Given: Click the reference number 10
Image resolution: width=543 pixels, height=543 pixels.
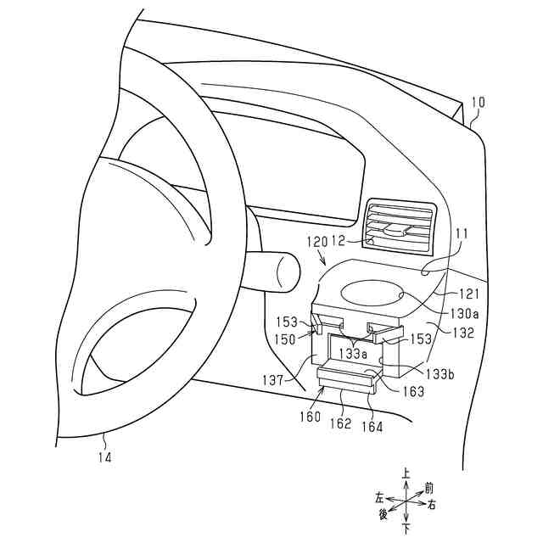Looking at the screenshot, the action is [x=478, y=103].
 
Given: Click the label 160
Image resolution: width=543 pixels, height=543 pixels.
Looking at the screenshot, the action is [x=310, y=417].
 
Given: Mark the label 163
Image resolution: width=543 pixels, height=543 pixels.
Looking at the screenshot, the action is [x=415, y=392].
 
